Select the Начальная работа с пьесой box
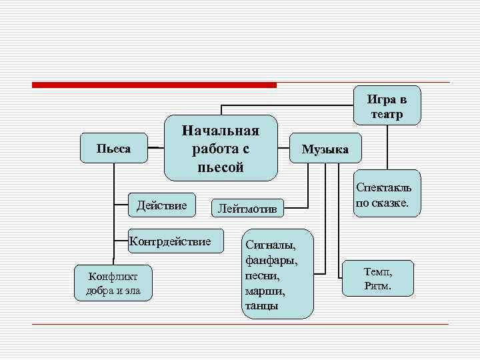220,146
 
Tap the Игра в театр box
387,105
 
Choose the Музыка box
325,149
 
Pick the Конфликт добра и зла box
113,283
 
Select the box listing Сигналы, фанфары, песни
277,273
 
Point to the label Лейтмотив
247,209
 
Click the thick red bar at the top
154,85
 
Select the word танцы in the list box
262,306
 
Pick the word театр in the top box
387,114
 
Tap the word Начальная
221,127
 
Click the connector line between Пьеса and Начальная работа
155,147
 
